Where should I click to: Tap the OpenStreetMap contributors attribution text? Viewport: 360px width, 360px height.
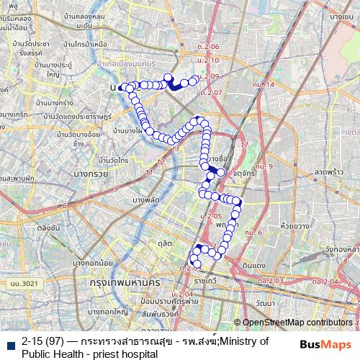pyautogui.click(x=297, y=323)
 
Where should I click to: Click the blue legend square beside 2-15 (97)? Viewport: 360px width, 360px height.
pyautogui.click(x=11, y=343)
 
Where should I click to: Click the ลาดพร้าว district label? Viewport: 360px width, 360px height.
pyautogui.click(x=327, y=173)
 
